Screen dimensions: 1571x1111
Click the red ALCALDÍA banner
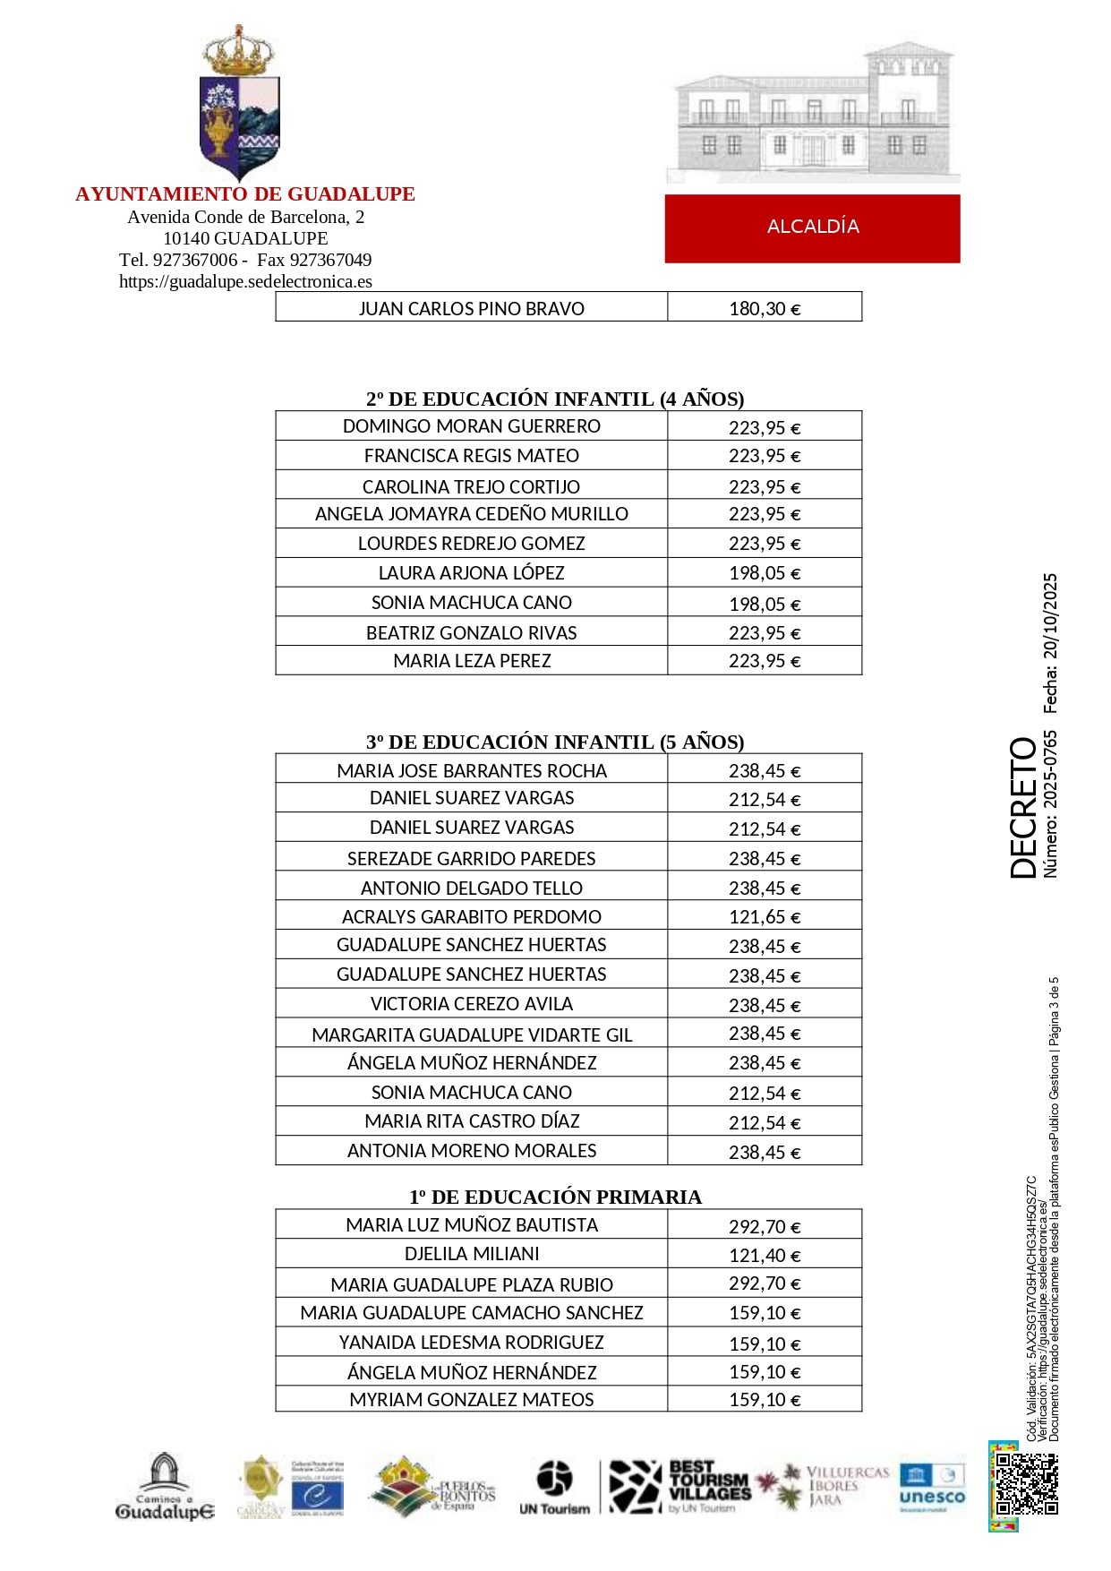812,227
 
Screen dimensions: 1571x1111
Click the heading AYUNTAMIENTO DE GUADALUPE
244,193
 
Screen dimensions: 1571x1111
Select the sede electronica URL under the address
245,281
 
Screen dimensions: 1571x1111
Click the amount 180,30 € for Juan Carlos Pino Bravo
764,308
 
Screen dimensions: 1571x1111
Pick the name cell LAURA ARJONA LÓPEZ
471,572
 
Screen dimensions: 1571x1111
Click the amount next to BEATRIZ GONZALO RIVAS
764,632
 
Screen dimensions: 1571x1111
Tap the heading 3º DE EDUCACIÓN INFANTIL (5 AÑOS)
555,742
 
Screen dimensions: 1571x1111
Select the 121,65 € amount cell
764,916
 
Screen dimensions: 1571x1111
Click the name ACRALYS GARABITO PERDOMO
471,916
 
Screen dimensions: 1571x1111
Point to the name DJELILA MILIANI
471,1253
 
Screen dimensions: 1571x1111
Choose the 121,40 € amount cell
764,1254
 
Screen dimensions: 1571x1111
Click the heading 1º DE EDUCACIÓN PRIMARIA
555,1197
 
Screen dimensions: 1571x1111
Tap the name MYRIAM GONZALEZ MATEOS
471,1399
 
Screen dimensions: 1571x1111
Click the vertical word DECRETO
1023,807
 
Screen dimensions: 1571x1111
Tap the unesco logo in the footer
932,1487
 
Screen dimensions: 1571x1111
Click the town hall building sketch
812,112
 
